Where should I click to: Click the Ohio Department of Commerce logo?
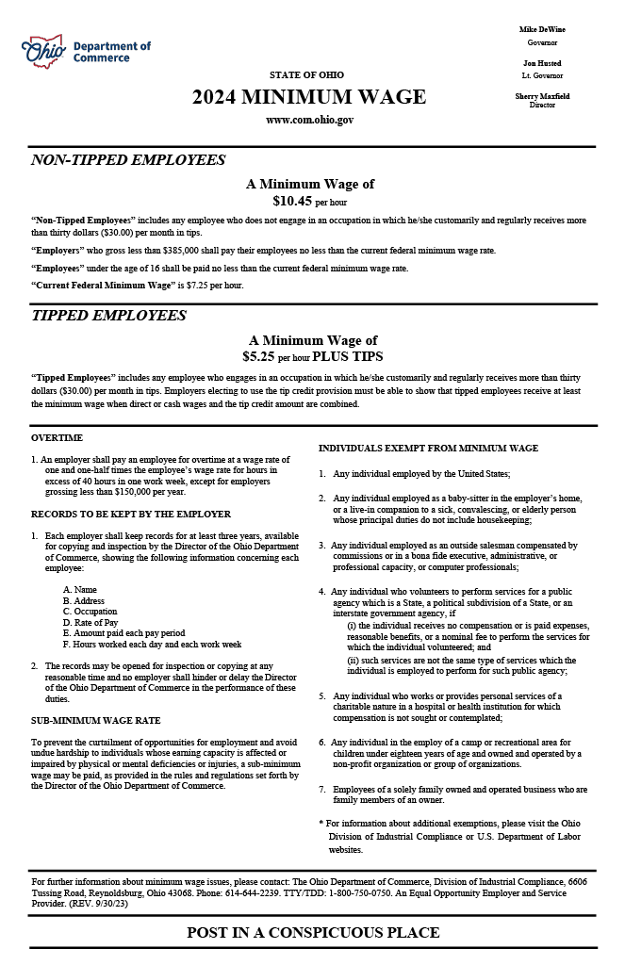86,52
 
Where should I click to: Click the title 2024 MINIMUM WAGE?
309,97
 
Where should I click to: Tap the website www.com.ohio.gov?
309,120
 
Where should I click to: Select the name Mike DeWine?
542,30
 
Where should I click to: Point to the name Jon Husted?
542,63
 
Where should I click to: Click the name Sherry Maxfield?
542,96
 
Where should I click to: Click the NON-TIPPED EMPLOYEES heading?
128,160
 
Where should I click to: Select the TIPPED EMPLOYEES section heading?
108,316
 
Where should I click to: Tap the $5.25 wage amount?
258,357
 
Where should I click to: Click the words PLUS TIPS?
347,357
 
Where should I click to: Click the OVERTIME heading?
57,437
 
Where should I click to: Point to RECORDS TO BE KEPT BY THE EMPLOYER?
130,515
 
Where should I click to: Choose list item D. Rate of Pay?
90,623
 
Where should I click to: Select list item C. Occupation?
90,612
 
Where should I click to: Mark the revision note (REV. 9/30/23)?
98,903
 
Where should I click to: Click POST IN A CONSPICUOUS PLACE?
313,933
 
